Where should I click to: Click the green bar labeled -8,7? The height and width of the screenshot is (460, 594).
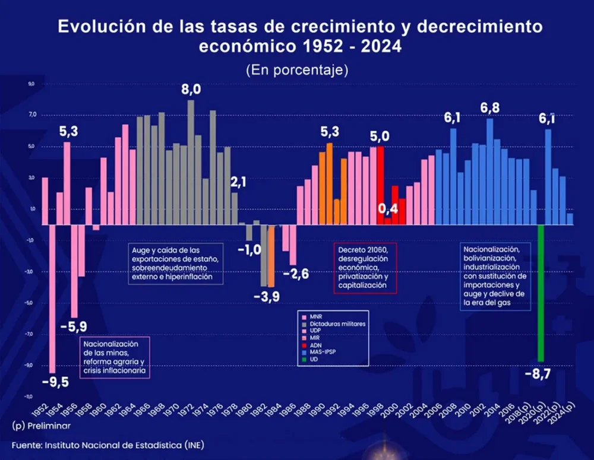[x=541, y=293]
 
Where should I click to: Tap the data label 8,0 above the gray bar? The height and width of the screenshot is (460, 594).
[x=191, y=90]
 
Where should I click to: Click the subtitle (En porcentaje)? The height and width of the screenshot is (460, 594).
[x=296, y=69]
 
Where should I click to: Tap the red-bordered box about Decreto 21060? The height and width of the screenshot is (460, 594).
[x=365, y=267]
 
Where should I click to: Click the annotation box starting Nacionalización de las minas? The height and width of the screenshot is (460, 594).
[x=114, y=357]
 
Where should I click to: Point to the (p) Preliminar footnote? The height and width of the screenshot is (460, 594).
[x=40, y=426]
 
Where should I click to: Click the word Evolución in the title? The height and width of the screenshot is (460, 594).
[x=100, y=27]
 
